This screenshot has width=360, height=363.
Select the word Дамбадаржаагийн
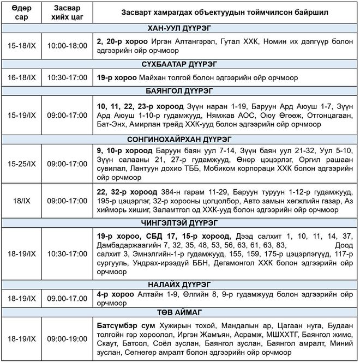click(127, 245)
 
